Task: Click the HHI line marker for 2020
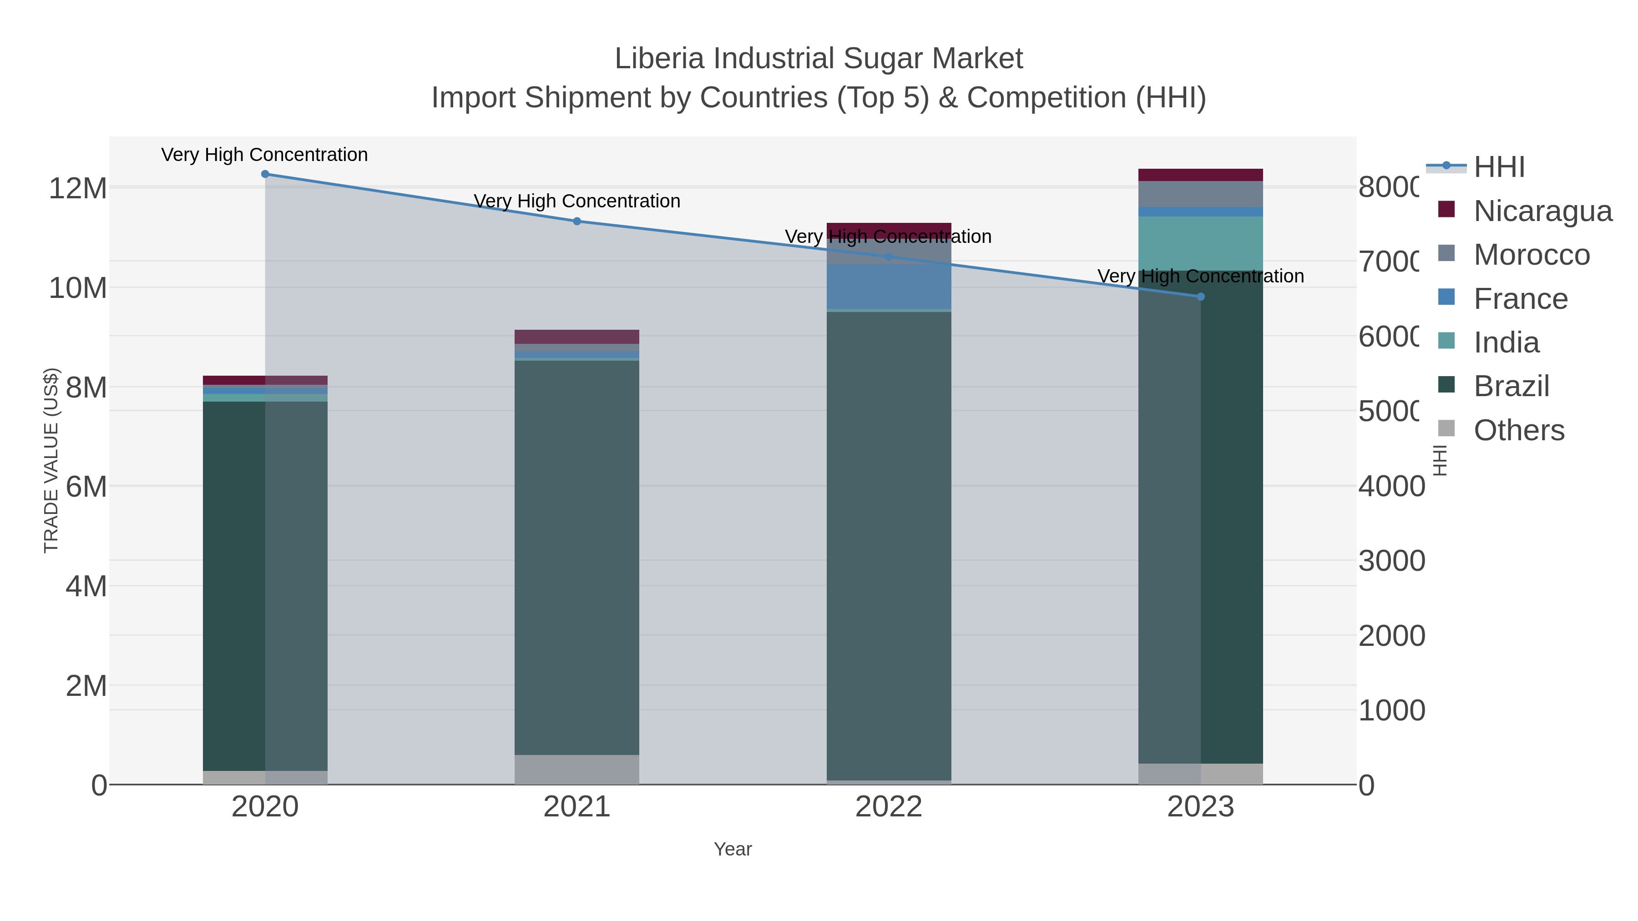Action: click(265, 174)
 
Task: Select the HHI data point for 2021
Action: click(577, 221)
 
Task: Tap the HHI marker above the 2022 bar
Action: click(889, 257)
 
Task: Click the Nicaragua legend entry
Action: click(1542, 211)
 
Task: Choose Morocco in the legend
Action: click(1531, 255)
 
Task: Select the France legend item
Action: click(1520, 299)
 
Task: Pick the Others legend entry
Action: click(1518, 430)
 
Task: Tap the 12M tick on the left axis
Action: click(77, 188)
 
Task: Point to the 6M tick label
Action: click(86, 487)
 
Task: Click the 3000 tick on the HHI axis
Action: click(1391, 561)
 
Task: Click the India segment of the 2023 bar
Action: click(1201, 243)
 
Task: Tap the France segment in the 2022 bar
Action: click(889, 287)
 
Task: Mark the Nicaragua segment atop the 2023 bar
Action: click(1201, 175)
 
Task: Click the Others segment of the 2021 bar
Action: click(577, 769)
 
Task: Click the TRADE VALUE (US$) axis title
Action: click(51, 460)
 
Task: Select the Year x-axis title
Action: click(733, 849)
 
